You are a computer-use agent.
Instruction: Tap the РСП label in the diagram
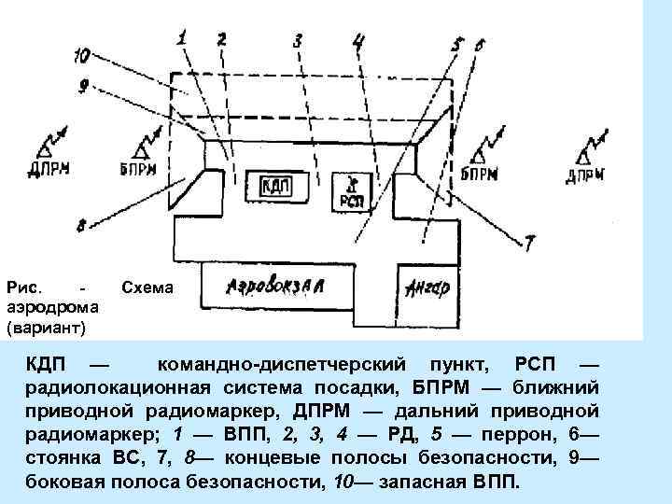[x=351, y=198]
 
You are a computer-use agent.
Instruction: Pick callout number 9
[x=83, y=86]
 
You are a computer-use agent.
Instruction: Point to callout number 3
[x=297, y=41]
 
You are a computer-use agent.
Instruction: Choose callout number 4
[x=359, y=41]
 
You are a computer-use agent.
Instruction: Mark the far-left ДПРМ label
[x=49, y=171]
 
